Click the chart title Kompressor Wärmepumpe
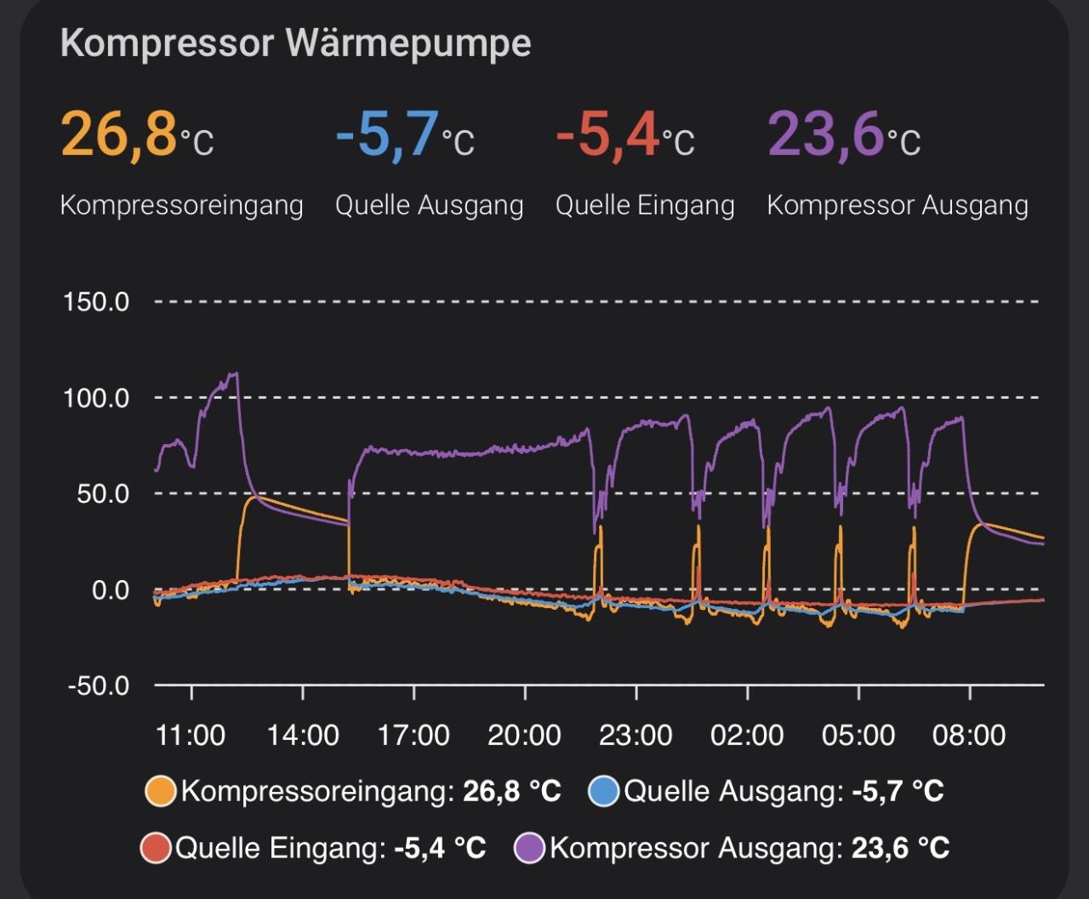[295, 43]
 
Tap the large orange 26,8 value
[118, 134]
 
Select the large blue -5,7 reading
[387, 134]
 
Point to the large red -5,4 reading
[607, 134]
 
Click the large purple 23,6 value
[824, 134]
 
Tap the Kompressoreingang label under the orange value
[181, 205]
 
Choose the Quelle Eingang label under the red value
[644, 205]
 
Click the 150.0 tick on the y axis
[96, 302]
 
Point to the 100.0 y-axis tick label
[96, 398]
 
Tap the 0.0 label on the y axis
[110, 590]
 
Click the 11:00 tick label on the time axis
[191, 735]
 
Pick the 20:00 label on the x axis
[524, 735]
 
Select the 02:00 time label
[747, 735]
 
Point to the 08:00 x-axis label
[969, 735]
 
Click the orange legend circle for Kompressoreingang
[161, 792]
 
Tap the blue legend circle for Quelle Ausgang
[603, 792]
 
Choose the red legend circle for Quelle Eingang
[156, 848]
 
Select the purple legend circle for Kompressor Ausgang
[530, 848]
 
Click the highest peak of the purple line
[236, 373]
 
